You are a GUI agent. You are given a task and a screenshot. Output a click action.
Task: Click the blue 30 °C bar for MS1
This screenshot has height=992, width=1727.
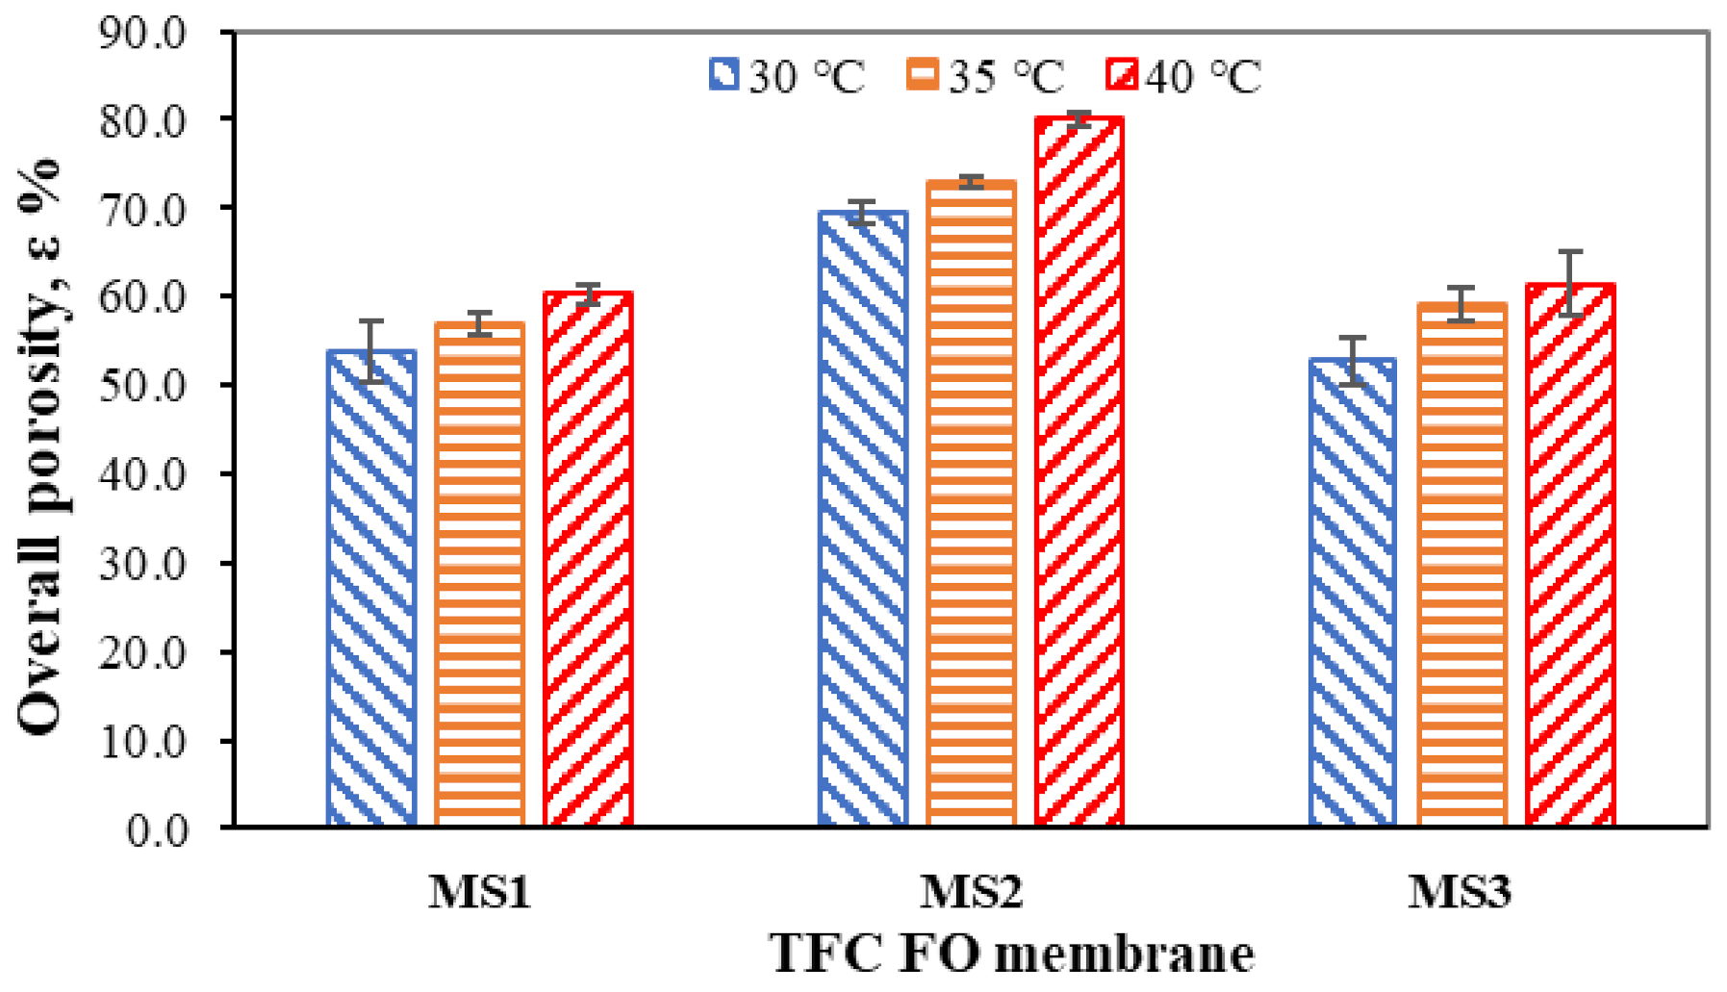[x=371, y=589]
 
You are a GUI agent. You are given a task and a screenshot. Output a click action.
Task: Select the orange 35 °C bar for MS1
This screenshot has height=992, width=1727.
[x=479, y=575]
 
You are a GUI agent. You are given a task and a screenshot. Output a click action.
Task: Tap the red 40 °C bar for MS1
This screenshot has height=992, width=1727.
[x=588, y=560]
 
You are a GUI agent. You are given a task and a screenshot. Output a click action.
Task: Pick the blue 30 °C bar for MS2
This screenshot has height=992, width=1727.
[x=863, y=520]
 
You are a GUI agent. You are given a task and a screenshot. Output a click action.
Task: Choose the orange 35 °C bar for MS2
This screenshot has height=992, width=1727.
[x=971, y=504]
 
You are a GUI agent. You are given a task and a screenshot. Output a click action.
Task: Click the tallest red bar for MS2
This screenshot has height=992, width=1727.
[x=1079, y=471]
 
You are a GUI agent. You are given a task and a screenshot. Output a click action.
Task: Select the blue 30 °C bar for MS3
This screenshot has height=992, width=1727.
[x=1353, y=593]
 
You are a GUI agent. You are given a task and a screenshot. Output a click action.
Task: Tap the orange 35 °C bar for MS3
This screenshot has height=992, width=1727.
[x=1461, y=566]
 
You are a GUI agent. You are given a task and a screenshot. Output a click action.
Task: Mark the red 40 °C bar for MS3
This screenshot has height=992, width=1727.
[x=1570, y=556]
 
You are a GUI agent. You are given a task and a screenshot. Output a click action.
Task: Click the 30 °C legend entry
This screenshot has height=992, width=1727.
[x=787, y=76]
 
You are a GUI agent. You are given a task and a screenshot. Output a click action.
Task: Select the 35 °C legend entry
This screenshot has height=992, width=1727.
[x=985, y=76]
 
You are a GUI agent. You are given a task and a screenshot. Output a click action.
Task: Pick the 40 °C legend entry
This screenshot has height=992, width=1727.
[x=1183, y=76]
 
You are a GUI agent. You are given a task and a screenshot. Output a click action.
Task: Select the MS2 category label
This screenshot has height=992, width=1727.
[x=971, y=891]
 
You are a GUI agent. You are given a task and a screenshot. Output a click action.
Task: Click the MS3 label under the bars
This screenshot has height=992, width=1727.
[x=1460, y=891]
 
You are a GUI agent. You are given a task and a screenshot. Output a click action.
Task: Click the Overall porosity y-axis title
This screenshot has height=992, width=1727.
[x=40, y=447]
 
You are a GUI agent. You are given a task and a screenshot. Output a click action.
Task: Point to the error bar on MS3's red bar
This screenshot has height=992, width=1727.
[x=1570, y=283]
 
